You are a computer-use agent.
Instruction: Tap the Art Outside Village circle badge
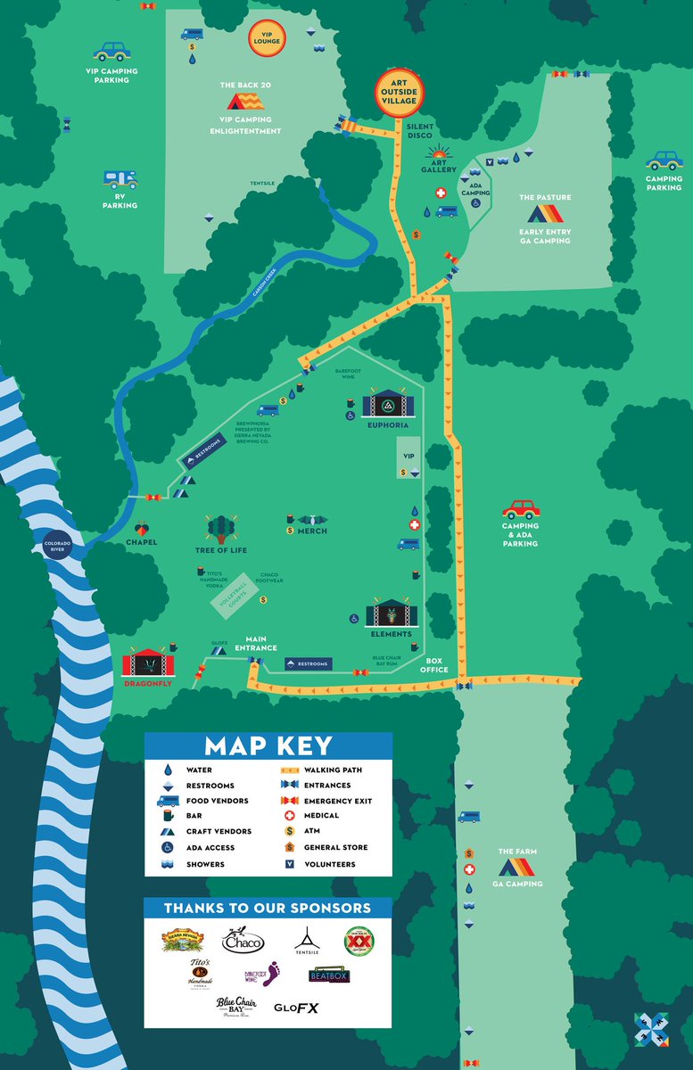[399, 93]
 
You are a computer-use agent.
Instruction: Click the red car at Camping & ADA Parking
[521, 509]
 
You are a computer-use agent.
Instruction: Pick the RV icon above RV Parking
[120, 181]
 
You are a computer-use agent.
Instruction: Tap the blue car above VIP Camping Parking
[111, 52]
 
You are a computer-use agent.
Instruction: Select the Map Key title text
[268, 746]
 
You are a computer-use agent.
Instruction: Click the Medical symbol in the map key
[289, 815]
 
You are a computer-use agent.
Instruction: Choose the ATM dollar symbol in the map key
[289, 831]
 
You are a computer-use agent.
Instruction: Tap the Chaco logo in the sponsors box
[243, 941]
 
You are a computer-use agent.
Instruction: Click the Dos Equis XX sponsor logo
[359, 939]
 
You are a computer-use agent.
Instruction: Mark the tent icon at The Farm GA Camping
[517, 867]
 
